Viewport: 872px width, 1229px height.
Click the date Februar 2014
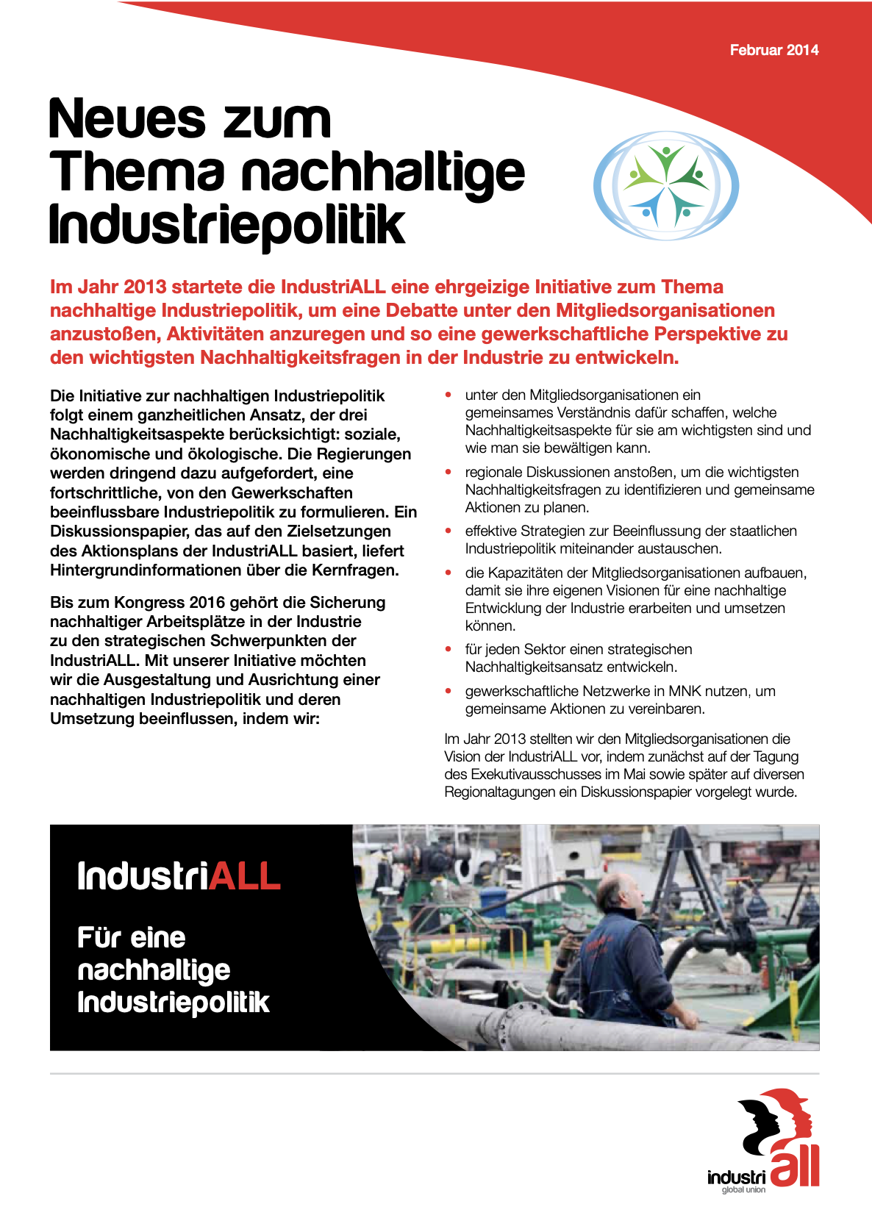click(773, 50)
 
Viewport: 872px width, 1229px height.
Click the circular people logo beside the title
click(665, 185)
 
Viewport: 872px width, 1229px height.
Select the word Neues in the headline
click(126, 119)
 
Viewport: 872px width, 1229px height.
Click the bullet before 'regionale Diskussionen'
click(448, 472)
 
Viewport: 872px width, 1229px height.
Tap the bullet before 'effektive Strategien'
click(448, 531)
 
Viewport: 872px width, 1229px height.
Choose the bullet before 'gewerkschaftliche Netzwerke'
click(448, 691)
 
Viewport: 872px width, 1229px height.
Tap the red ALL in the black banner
click(245, 876)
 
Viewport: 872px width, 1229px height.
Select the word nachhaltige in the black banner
click(154, 970)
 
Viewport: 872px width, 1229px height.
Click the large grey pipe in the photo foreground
click(588, 1022)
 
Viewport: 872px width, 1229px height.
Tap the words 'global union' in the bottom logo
click(743, 1190)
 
